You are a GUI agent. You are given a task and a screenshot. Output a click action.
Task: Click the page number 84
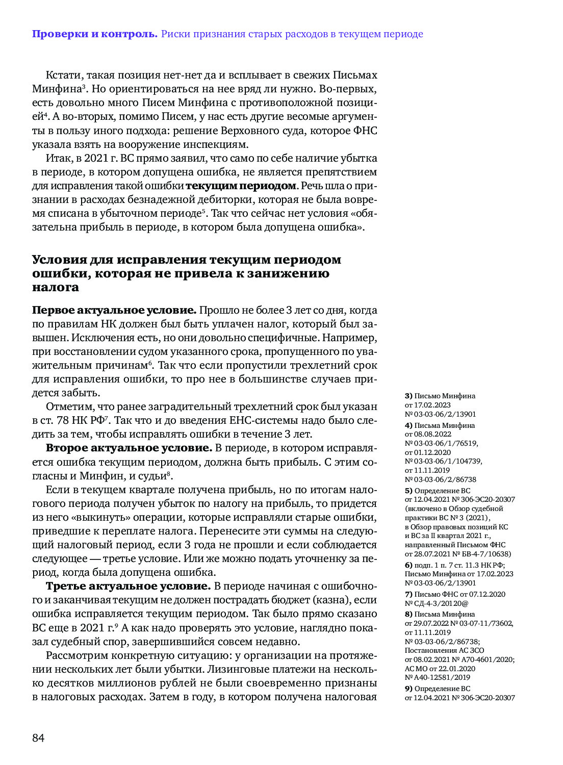coord(38,738)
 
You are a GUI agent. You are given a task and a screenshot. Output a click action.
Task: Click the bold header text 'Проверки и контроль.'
coord(95,34)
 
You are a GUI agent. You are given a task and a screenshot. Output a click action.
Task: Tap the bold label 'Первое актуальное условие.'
coord(114,310)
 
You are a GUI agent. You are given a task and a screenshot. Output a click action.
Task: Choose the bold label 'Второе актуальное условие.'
coord(129,448)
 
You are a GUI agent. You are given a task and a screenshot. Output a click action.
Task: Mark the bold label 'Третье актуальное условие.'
coord(129,586)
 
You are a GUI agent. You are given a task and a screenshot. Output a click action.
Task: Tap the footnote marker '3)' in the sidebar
coord(408,396)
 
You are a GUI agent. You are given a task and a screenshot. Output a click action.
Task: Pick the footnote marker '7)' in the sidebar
coord(408,594)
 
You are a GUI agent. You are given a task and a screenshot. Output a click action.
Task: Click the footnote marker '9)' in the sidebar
coord(408,688)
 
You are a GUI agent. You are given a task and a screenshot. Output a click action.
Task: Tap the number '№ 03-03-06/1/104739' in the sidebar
coord(443,461)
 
